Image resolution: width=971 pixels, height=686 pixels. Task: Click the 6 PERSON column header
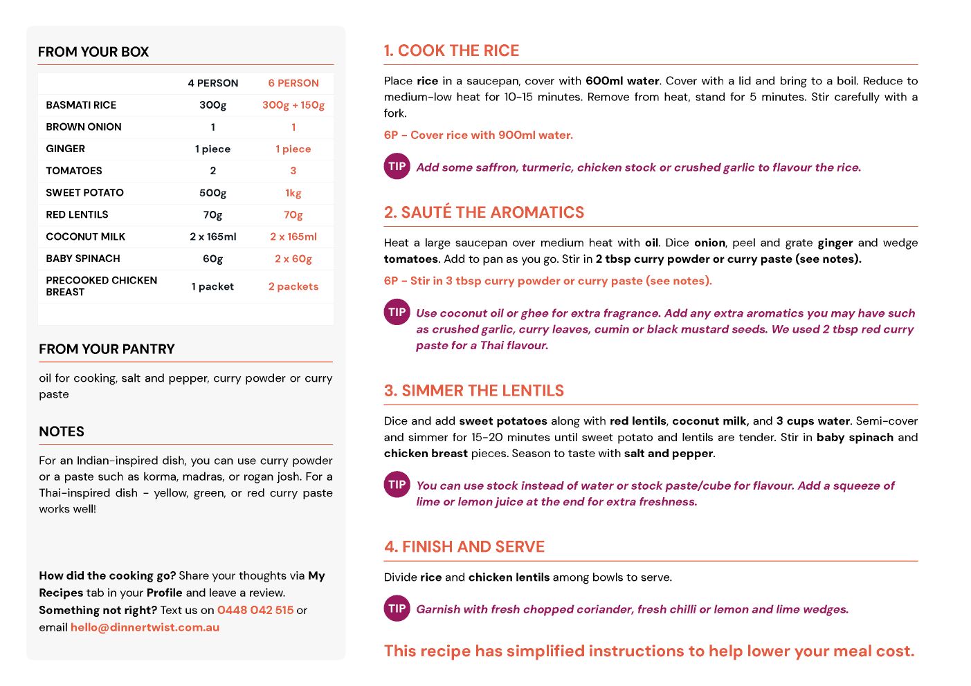[293, 83]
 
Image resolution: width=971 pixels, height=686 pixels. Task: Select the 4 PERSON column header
[212, 83]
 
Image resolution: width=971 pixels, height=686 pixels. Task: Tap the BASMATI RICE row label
[81, 105]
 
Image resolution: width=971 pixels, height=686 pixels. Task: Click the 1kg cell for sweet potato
[293, 193]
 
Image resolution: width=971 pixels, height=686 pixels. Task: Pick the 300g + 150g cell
[293, 105]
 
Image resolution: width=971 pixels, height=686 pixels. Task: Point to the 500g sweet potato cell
[212, 193]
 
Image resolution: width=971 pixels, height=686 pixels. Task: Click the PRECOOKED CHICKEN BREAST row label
[101, 286]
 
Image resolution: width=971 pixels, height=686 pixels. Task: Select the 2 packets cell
[293, 286]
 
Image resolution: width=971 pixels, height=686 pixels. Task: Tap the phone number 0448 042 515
[255, 610]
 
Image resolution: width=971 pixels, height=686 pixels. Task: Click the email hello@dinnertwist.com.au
[145, 627]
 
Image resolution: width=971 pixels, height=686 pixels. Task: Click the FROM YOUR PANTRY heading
[107, 349]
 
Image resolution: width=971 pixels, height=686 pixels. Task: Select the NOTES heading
[62, 432]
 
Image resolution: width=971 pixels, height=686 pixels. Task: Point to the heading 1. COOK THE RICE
[451, 50]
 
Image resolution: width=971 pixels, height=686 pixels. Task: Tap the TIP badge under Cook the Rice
[397, 166]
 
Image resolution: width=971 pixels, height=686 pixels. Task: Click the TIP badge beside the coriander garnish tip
[397, 609]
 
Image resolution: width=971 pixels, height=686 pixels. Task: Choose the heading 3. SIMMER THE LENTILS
[474, 391]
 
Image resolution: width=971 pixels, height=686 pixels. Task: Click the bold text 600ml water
[622, 81]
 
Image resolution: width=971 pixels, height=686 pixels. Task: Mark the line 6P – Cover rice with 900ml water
[478, 135]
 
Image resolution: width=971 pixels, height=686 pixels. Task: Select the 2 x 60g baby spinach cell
[293, 259]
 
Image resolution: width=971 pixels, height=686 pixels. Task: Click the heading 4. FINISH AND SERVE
[464, 547]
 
